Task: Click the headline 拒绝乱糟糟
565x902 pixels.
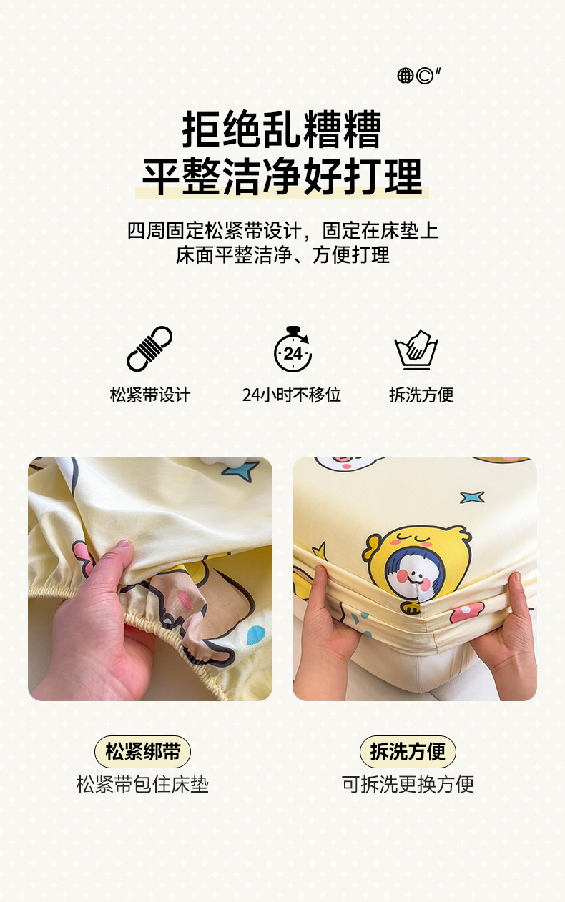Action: pyautogui.click(x=282, y=129)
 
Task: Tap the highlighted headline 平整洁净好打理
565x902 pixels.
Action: pyautogui.click(x=282, y=177)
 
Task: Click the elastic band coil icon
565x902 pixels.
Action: pyautogui.click(x=149, y=349)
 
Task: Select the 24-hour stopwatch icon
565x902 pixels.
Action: pyautogui.click(x=293, y=349)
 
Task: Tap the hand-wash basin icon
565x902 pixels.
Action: pyautogui.click(x=416, y=350)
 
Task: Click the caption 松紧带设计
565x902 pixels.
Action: pyautogui.click(x=150, y=395)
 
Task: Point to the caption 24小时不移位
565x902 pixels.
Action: pyautogui.click(x=291, y=395)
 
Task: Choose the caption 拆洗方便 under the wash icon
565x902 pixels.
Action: pyautogui.click(x=421, y=395)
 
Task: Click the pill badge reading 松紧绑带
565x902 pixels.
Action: pyautogui.click(x=142, y=752)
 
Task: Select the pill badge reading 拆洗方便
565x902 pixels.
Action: pyautogui.click(x=408, y=752)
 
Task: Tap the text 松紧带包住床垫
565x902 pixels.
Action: pyautogui.click(x=142, y=784)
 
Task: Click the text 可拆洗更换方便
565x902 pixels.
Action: pyautogui.click(x=408, y=784)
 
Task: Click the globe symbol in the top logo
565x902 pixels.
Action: pyautogui.click(x=406, y=75)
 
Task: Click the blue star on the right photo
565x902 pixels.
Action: pyautogui.click(x=472, y=497)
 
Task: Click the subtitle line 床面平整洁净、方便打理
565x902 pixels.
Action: pyautogui.click(x=282, y=255)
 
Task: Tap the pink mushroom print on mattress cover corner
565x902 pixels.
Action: pyautogui.click(x=467, y=613)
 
